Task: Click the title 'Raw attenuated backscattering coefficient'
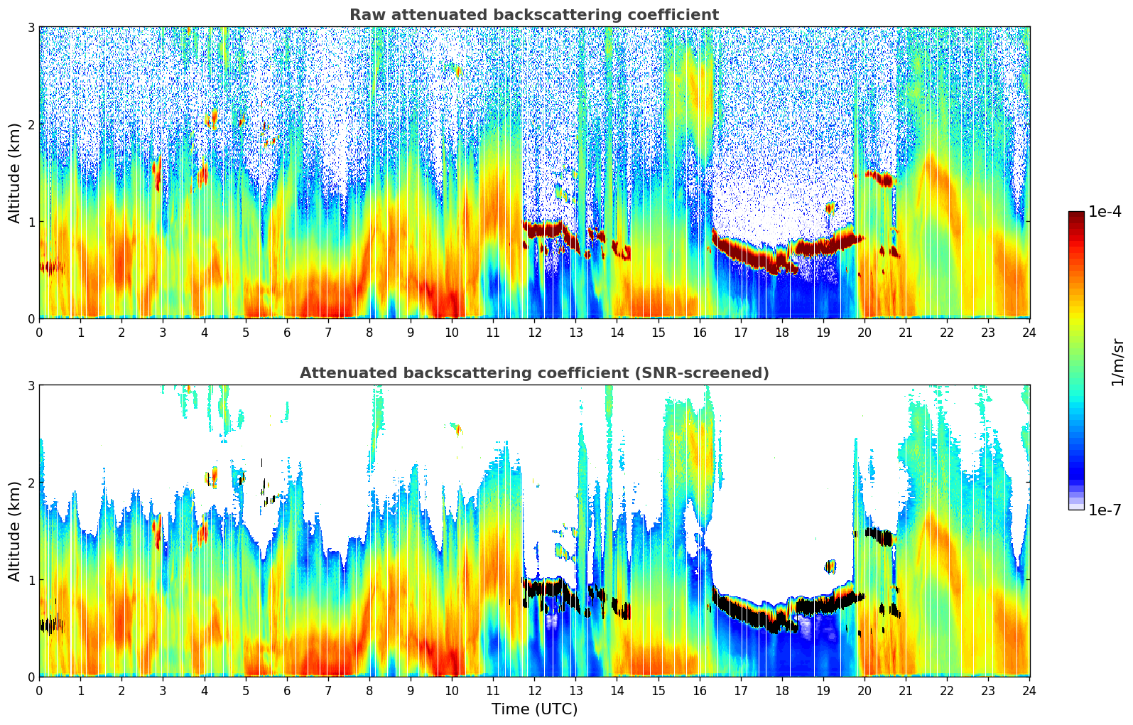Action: point(533,15)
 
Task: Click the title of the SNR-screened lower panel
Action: point(533,373)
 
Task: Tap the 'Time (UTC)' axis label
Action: point(534,709)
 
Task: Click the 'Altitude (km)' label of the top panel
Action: point(14,173)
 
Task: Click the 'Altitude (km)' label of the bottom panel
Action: point(14,531)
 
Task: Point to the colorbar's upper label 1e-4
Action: point(1105,212)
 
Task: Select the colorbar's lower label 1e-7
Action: point(1105,510)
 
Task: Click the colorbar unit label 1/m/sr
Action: point(1117,362)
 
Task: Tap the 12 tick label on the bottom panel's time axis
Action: point(534,690)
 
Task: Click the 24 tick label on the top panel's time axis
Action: point(1029,332)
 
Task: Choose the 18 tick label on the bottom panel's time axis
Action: point(782,690)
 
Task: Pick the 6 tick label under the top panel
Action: point(287,332)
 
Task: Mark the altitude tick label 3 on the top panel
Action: point(31,27)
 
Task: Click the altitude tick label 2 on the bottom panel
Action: point(31,483)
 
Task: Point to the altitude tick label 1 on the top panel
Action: point(31,222)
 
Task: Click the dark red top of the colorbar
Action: point(1076,215)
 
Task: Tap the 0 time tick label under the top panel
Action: point(39,332)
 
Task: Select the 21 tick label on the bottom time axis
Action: point(906,690)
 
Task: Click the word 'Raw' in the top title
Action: point(364,15)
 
